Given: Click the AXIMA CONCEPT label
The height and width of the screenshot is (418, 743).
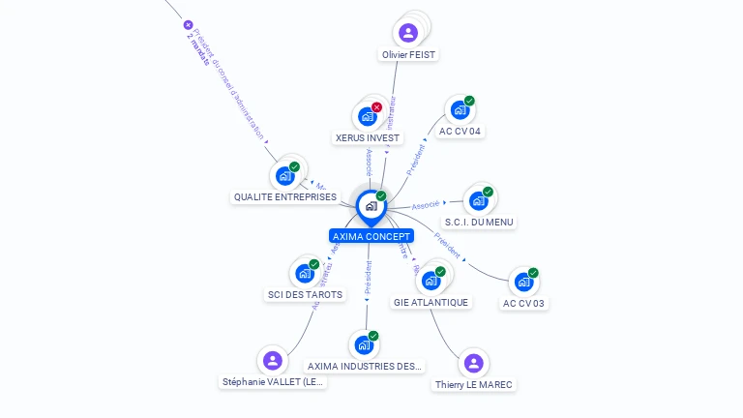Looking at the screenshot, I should point(371,236).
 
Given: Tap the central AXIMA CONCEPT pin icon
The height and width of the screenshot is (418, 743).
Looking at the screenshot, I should point(371,206).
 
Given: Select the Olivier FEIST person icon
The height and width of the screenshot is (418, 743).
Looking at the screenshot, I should point(408,33).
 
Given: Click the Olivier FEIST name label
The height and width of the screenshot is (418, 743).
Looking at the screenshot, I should point(408,55).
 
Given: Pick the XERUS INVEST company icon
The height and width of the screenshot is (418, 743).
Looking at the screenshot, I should point(368,117).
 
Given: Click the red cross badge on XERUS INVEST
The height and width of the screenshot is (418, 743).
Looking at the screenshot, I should point(376,107).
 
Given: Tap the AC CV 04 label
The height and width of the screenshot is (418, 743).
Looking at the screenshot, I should point(460,131).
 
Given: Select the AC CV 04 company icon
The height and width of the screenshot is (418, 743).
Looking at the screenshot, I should point(460,110).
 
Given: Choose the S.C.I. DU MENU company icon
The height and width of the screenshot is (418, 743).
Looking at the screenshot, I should point(478,201).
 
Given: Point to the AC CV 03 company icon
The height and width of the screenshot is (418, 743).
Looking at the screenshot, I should point(523,283).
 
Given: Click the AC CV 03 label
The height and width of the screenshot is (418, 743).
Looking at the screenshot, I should point(523,304).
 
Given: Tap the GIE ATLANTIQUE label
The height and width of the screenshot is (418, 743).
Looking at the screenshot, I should point(431,302).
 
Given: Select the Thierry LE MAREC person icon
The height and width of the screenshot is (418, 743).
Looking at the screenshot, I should point(473,363).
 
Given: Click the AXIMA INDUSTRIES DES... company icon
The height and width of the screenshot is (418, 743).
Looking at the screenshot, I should point(364,345).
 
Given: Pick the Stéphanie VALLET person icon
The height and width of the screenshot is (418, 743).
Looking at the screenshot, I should point(273,361).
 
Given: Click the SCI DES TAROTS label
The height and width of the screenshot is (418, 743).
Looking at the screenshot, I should point(306,294).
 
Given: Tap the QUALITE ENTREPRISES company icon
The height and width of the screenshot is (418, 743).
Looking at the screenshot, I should point(285,176).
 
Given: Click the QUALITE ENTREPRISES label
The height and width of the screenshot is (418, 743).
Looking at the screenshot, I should point(285,197).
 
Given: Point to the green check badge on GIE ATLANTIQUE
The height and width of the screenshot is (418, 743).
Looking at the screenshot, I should point(440,272).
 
